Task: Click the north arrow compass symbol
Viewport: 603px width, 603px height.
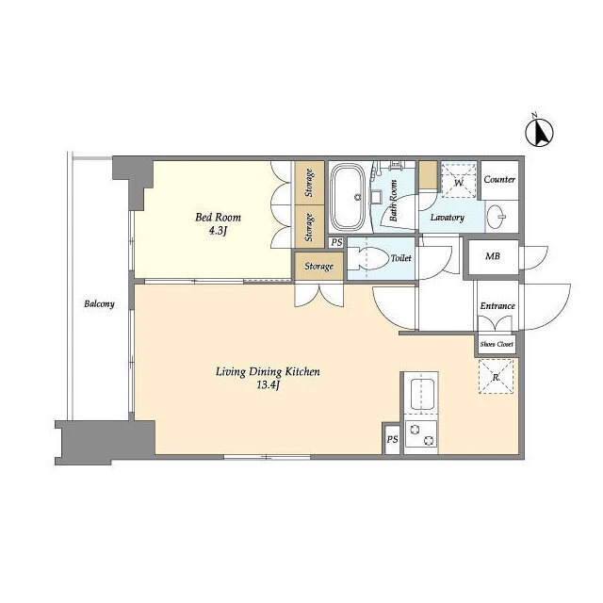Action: (x=539, y=132)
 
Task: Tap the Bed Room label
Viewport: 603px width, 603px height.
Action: (x=218, y=218)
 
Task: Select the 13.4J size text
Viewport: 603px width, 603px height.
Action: (x=268, y=385)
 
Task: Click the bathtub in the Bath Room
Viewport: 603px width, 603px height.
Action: (x=348, y=197)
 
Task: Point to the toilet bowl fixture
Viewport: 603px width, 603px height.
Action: (x=368, y=258)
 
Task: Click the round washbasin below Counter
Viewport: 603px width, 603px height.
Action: (x=496, y=217)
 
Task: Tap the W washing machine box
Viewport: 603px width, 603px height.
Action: (x=459, y=181)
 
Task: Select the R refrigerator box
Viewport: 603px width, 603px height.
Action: (x=497, y=377)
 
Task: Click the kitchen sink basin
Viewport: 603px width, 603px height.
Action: (x=423, y=394)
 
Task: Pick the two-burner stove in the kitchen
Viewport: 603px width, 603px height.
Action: (x=421, y=434)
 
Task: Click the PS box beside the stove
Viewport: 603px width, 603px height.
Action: (x=392, y=439)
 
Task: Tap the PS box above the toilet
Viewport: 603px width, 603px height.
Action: (x=337, y=242)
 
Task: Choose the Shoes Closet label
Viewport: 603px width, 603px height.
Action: (x=497, y=344)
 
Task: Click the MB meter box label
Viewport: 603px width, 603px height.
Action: (x=493, y=255)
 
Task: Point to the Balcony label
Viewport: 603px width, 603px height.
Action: (x=99, y=303)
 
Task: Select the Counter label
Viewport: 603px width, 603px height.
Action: (x=499, y=179)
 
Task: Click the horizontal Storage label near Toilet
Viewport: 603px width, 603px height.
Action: (x=318, y=266)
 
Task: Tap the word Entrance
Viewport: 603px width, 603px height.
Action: (x=497, y=305)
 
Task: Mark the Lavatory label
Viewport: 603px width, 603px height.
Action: (x=448, y=218)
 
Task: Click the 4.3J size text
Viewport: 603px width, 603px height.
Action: (x=218, y=231)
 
